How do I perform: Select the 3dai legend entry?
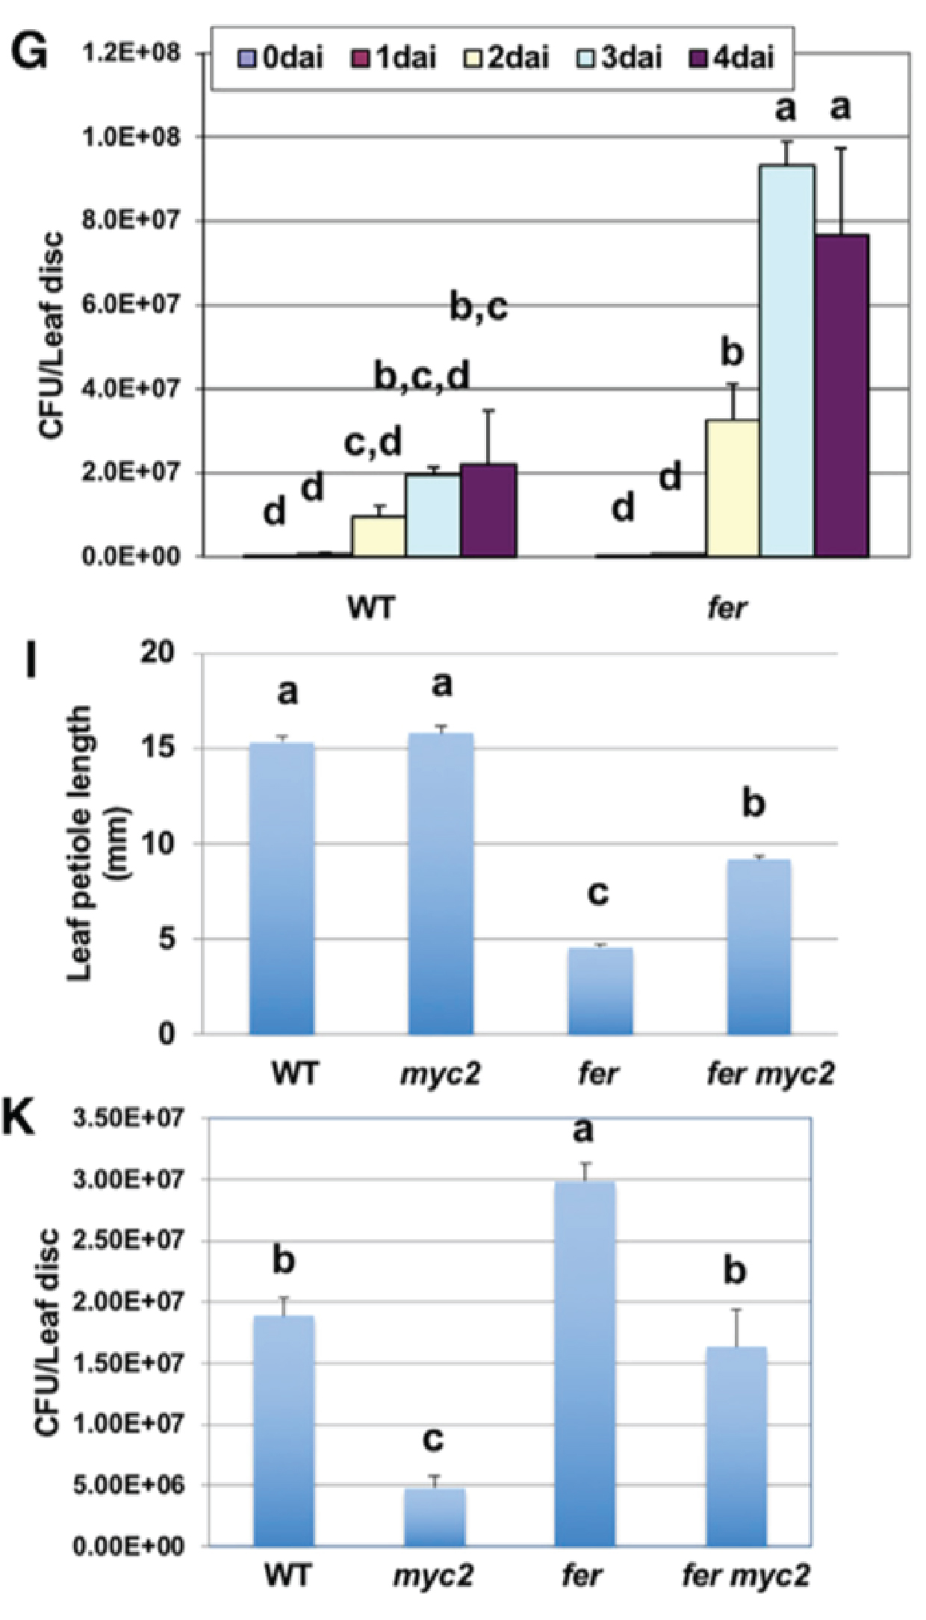point(621,58)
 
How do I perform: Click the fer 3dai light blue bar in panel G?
point(786,360)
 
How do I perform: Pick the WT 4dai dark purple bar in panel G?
point(488,511)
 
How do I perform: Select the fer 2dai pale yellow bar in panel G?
point(733,488)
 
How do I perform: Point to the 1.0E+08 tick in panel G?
point(131,137)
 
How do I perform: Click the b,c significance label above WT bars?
point(479,307)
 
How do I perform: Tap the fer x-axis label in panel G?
point(726,608)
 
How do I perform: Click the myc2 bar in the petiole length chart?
point(441,884)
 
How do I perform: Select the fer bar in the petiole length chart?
point(600,991)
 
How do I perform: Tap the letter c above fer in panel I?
point(598,893)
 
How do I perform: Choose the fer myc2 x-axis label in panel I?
point(770,1074)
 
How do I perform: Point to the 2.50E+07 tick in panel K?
point(128,1241)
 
